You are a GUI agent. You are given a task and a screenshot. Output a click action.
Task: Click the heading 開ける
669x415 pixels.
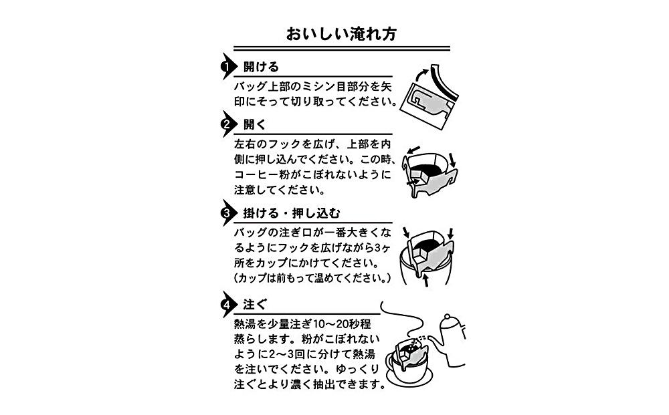click(x=260, y=67)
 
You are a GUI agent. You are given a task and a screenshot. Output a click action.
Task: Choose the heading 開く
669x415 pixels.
click(x=255, y=125)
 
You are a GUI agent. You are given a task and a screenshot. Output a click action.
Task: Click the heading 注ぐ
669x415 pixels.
click(x=255, y=305)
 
